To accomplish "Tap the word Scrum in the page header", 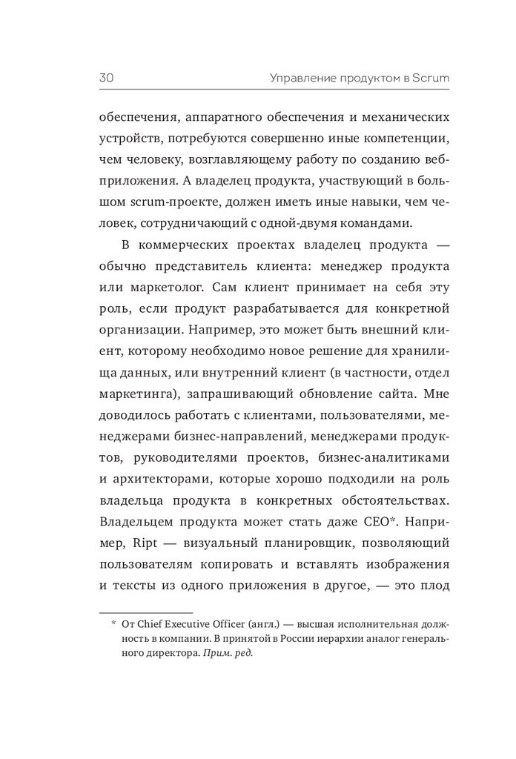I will (408, 77).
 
